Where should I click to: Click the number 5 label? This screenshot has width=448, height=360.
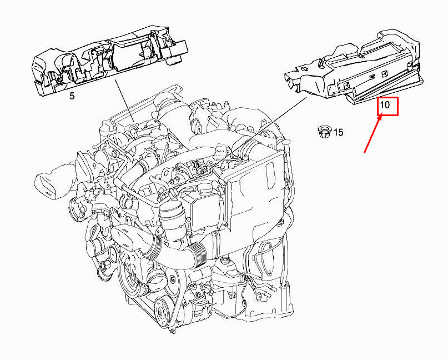(x=72, y=96)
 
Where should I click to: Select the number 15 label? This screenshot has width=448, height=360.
(x=339, y=132)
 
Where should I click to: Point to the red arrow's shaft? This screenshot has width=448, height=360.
(x=373, y=136)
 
